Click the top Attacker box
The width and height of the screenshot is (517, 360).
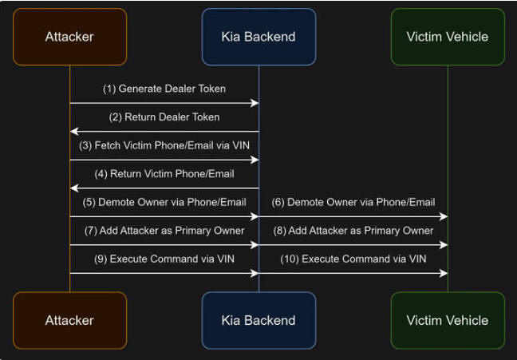click(70, 37)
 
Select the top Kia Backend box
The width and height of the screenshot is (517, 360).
click(258, 37)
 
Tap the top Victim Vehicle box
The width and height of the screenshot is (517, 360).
click(448, 37)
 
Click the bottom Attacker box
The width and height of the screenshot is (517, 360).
click(70, 320)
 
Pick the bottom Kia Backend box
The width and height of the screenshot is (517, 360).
click(258, 320)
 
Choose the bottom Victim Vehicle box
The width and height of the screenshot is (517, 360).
click(448, 320)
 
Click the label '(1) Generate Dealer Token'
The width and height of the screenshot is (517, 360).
click(164, 89)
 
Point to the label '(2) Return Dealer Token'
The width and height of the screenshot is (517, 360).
click(164, 117)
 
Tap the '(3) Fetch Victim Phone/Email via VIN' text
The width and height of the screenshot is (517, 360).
click(164, 145)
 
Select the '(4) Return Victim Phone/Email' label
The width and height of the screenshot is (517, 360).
click(164, 174)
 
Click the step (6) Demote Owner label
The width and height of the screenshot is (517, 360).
click(353, 202)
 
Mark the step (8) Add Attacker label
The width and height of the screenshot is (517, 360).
click(353, 231)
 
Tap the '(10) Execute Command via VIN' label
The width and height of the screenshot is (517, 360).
click(353, 259)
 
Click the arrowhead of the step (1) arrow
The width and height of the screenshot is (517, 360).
click(255, 103)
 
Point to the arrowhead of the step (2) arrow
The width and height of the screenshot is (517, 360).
click(74, 132)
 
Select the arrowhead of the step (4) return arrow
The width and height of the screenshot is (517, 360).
click(74, 188)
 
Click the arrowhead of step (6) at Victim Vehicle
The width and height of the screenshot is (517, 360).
click(444, 216)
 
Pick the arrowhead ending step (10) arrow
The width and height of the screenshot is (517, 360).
click(444, 273)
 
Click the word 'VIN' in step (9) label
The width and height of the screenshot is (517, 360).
click(226, 259)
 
